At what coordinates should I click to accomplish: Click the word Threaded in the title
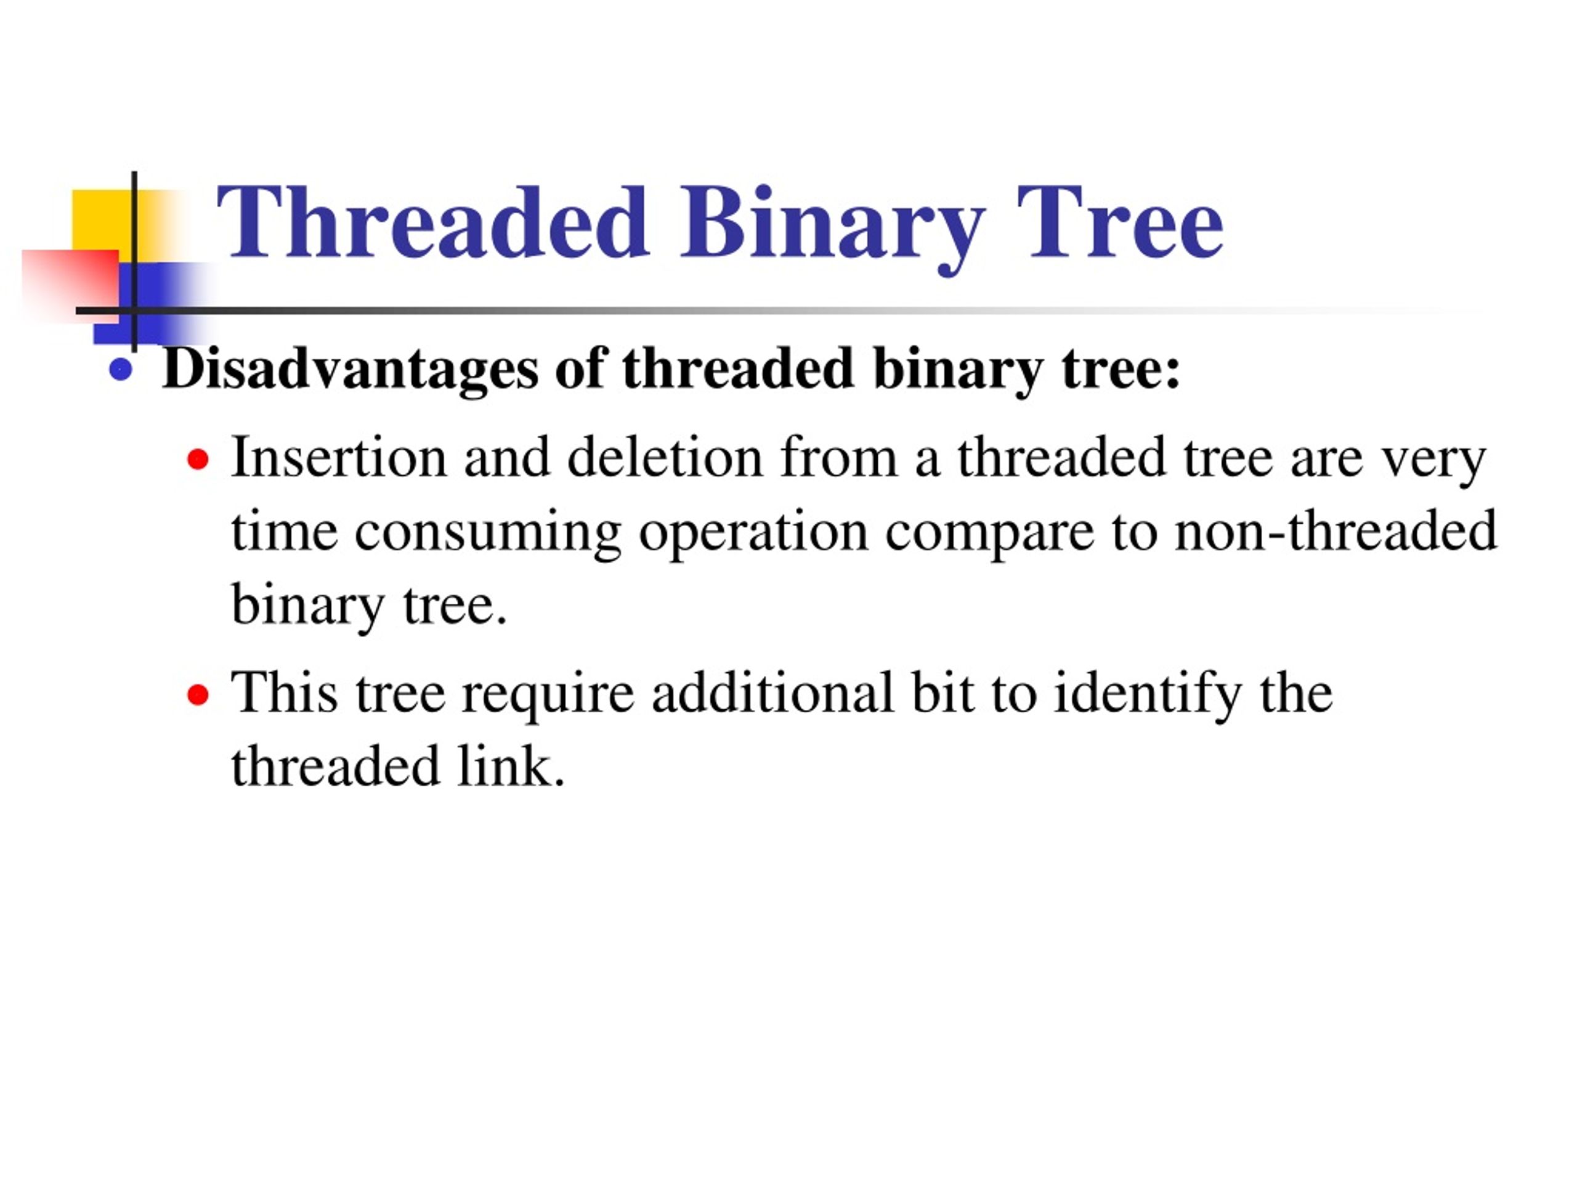(432, 222)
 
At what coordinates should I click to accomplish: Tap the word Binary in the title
(832, 222)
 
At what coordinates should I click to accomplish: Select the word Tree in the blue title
(1119, 222)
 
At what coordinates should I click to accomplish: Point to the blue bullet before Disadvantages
(121, 370)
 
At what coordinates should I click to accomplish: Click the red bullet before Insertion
(198, 460)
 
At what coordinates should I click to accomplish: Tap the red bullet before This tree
(198, 694)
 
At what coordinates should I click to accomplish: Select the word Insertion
(339, 458)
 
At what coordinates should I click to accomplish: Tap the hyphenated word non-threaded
(1335, 531)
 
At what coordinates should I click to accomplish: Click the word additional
(772, 693)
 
